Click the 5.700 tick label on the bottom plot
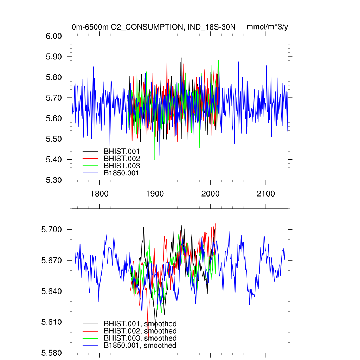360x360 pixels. (52, 230)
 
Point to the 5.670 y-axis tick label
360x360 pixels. (52, 261)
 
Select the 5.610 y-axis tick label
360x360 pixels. (52, 322)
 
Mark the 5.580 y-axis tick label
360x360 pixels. (52, 353)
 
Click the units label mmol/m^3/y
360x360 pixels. (268, 27)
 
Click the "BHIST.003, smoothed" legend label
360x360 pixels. (140, 338)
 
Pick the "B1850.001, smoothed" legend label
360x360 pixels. (140, 346)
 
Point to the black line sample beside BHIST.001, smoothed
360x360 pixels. (90, 323)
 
